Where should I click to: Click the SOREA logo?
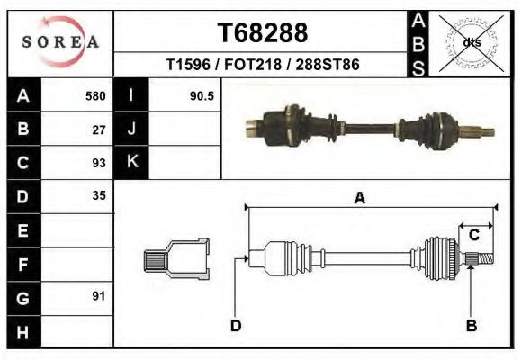[x=60, y=41]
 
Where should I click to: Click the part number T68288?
[x=263, y=33]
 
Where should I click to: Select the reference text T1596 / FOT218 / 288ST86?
[x=263, y=66]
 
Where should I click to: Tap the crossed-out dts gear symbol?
[x=470, y=41]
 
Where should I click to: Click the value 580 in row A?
[x=94, y=96]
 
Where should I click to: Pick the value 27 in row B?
[x=99, y=130]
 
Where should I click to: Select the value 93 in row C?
[x=99, y=163]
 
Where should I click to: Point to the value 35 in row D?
[x=99, y=196]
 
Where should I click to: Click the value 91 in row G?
[x=99, y=296]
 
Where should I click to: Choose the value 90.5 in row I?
[x=201, y=96]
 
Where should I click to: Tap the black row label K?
[x=132, y=163]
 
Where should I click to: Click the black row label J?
[x=132, y=130]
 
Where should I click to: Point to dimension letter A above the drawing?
[x=360, y=199]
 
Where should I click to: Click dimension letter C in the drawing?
[x=473, y=236]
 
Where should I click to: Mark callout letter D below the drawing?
[x=236, y=326]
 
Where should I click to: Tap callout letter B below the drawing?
[x=471, y=325]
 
